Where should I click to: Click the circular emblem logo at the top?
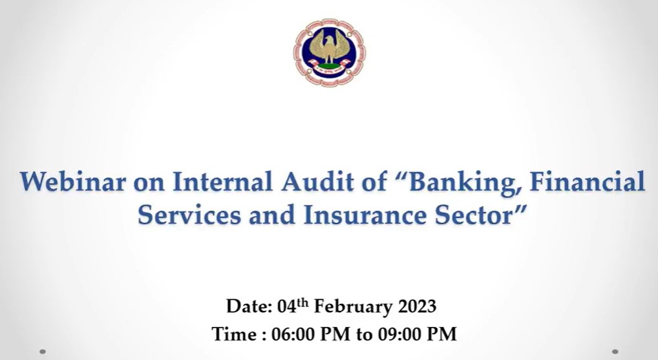click(330, 52)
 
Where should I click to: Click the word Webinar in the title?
click(73, 182)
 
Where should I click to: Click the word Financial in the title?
click(588, 182)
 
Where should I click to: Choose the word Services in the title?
click(189, 215)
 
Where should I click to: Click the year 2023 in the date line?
click(417, 306)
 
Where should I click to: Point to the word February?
click(353, 307)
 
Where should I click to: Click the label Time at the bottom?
click(234, 334)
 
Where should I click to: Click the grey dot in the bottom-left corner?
click(43, 352)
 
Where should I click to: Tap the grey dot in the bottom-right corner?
click(615, 352)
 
